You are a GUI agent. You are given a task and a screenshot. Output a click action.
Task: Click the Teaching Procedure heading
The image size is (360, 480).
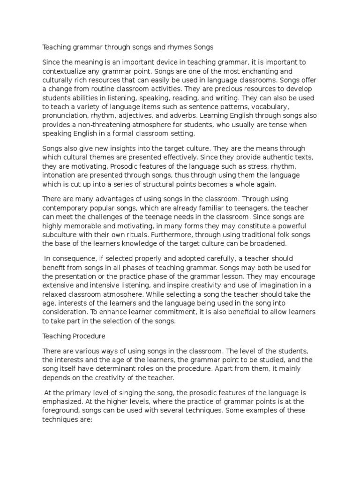coord(74,336)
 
